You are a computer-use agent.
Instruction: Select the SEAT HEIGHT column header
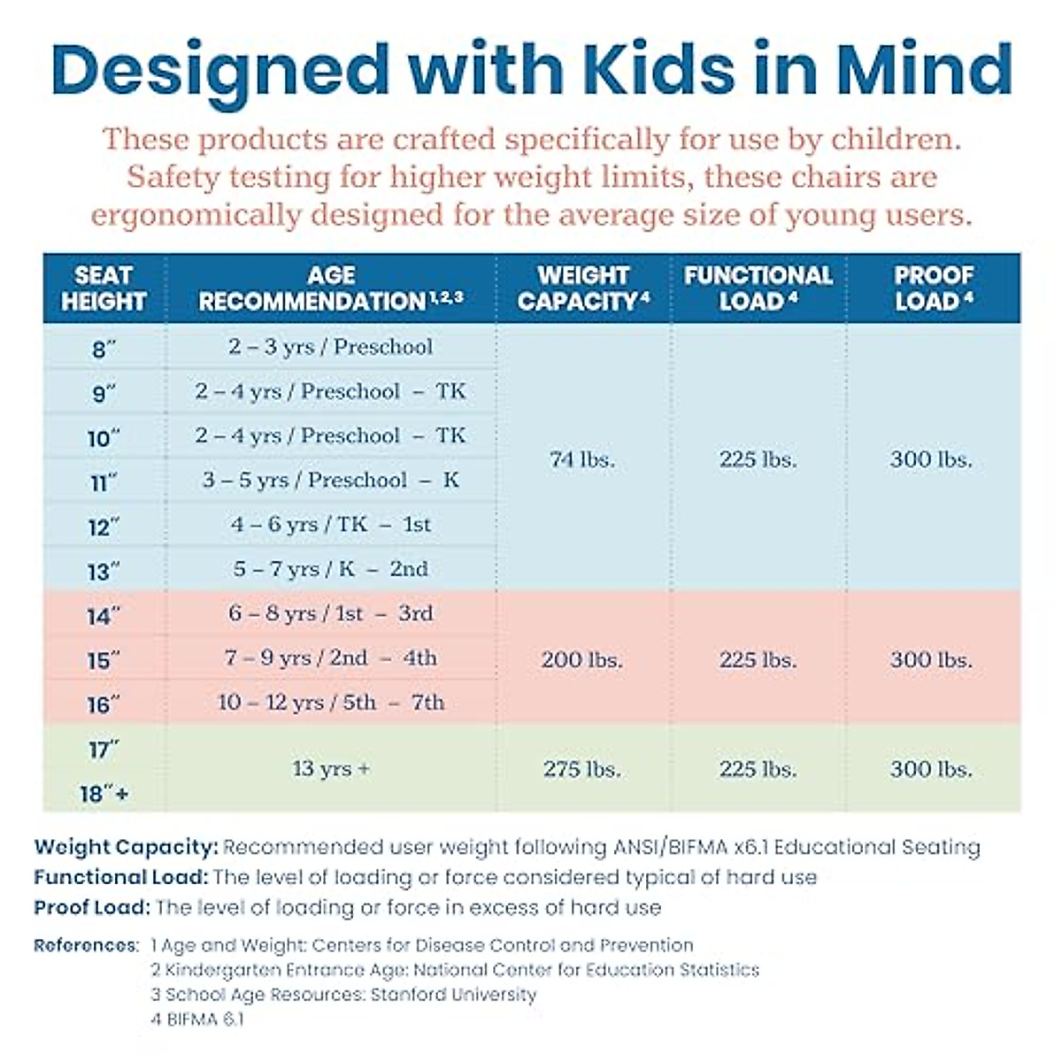(104, 288)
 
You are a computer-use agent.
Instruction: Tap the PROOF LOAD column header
(933, 288)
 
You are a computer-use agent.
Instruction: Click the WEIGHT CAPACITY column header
(582, 288)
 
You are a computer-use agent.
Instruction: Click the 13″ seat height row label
(104, 572)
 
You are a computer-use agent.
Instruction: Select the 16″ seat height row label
(104, 705)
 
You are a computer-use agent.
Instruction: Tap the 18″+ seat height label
(104, 794)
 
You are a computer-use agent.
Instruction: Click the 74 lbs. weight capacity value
(581, 459)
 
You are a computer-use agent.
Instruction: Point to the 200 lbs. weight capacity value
(581, 659)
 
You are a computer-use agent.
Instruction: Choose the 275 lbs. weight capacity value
(581, 769)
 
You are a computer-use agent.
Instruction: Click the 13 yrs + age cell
(330, 769)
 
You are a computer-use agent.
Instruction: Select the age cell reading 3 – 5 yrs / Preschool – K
(330, 481)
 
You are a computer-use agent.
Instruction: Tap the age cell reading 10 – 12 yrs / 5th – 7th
(330, 703)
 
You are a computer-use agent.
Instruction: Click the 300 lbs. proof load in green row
(931, 769)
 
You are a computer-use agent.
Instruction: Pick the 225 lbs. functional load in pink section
(758, 659)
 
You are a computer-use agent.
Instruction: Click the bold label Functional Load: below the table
(120, 878)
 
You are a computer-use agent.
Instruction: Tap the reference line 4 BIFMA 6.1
(196, 1020)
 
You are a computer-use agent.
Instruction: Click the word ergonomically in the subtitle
(196, 215)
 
